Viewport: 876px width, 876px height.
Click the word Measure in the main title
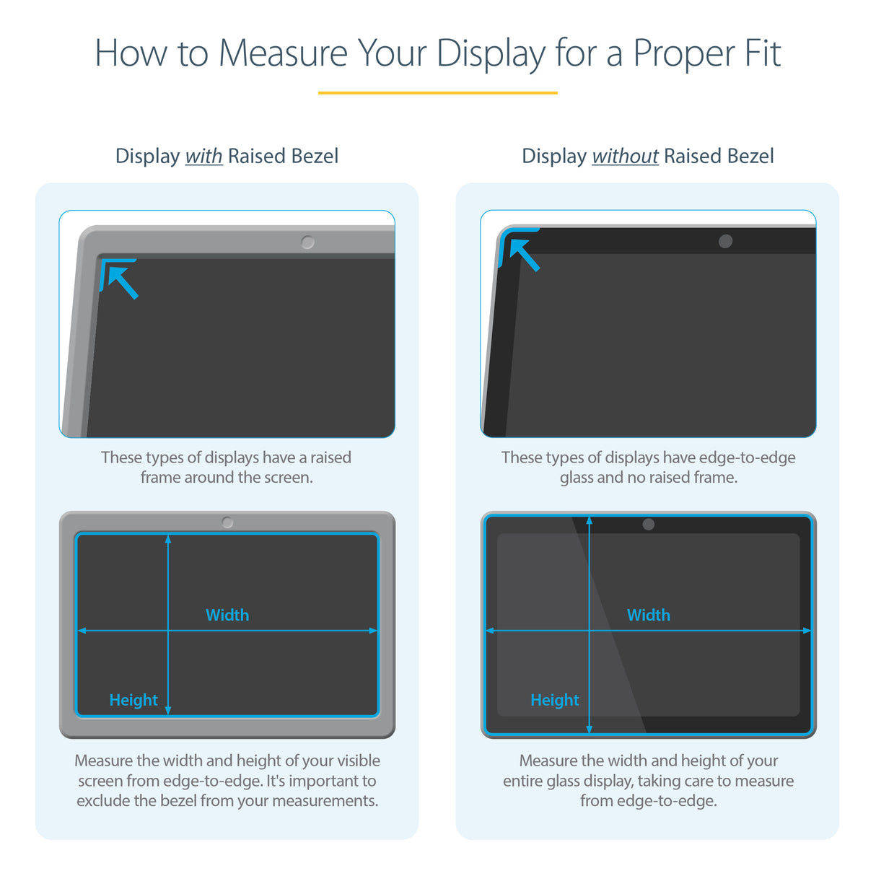click(283, 54)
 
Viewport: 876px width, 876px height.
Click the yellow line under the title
click(437, 93)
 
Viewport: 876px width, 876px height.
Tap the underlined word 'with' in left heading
click(203, 157)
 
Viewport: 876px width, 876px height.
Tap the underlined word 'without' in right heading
click(625, 157)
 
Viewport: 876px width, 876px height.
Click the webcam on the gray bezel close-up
click(307, 242)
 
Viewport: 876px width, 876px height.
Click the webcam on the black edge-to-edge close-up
click(725, 242)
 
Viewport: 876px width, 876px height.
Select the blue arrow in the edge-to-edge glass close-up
click(524, 255)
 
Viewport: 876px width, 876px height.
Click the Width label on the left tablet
click(227, 615)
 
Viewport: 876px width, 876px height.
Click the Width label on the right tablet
click(648, 615)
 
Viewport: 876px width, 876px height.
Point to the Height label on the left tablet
click(133, 700)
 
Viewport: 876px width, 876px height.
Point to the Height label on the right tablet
click(554, 700)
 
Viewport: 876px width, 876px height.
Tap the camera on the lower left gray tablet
click(227, 522)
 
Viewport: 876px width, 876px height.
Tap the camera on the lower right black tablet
click(648, 525)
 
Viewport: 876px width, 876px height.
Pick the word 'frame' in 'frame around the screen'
click(160, 478)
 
